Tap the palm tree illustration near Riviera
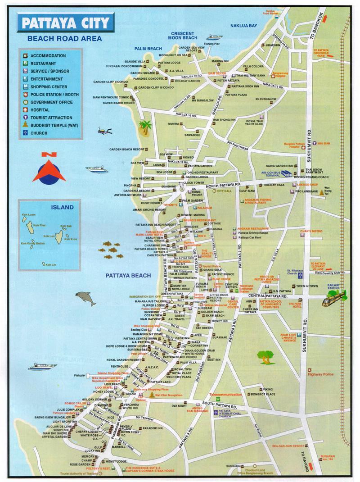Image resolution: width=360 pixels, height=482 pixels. [145, 127]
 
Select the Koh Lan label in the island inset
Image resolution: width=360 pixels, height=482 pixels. [49, 236]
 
